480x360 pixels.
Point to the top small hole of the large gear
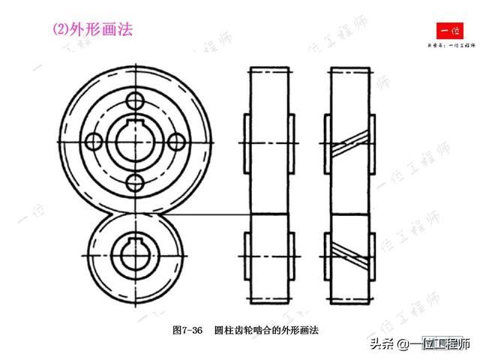tap(135, 100)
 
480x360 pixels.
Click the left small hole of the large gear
tap(94, 140)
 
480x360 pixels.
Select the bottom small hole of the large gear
tap(135, 181)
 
